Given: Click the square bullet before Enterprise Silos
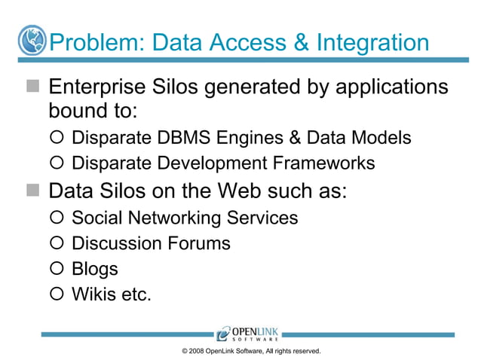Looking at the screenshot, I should coord(32,87).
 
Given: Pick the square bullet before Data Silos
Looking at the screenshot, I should coord(32,190).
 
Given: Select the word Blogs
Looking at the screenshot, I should coord(94,269).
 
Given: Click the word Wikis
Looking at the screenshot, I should coord(93,294).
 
